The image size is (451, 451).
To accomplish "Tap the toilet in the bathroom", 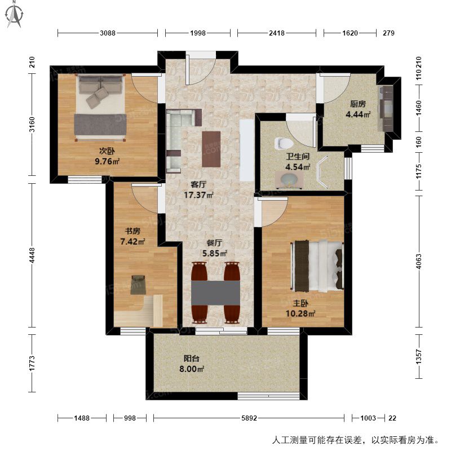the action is pyautogui.click(x=284, y=143).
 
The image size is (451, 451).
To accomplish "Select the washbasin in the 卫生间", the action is pyautogui.click(x=288, y=179).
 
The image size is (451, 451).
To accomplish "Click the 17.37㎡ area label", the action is pyautogui.click(x=198, y=195).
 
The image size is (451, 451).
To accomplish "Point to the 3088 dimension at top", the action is pyautogui.click(x=108, y=33).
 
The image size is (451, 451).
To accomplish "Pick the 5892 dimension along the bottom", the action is pyautogui.click(x=249, y=418).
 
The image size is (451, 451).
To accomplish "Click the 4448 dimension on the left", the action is pyautogui.click(x=32, y=255).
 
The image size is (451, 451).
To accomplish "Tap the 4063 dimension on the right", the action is pyautogui.click(x=419, y=261).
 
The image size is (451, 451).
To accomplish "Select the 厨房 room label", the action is pyautogui.click(x=358, y=104).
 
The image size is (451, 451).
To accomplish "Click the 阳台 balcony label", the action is pyautogui.click(x=192, y=359).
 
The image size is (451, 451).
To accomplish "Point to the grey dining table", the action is pyautogui.click(x=216, y=293).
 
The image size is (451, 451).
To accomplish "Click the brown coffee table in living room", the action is pyautogui.click(x=211, y=149).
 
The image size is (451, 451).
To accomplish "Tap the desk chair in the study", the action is pyautogui.click(x=138, y=285).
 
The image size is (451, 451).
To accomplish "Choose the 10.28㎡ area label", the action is pyautogui.click(x=300, y=313).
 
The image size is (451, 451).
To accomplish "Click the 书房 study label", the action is pyautogui.click(x=132, y=231).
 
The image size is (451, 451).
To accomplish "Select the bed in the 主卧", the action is pyautogui.click(x=318, y=266).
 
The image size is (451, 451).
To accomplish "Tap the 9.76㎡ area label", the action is pyautogui.click(x=107, y=161).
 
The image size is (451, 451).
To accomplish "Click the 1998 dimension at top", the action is pyautogui.click(x=198, y=33).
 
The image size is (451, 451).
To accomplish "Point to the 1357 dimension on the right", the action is pyautogui.click(x=419, y=357).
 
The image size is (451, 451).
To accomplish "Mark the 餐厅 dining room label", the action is pyautogui.click(x=215, y=243).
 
